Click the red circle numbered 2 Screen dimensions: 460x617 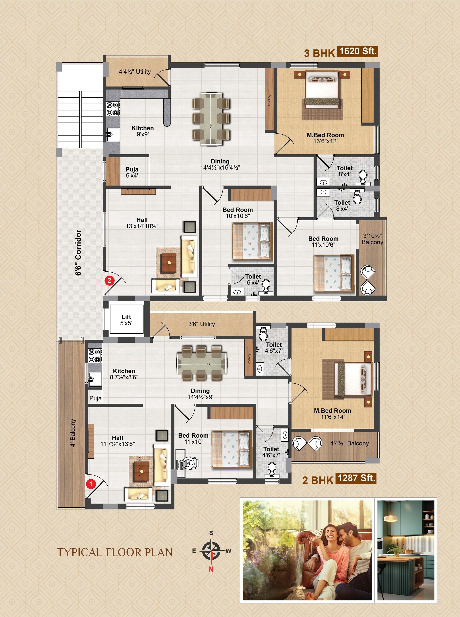coord(109,280)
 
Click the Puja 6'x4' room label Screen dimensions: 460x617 coord(132,172)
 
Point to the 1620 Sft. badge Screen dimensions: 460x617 coord(357,51)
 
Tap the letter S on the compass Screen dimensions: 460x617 coord(211,533)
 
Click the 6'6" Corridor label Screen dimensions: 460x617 coord(78,253)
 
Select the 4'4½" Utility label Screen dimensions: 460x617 coord(135,72)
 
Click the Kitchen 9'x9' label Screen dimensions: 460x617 coord(143,131)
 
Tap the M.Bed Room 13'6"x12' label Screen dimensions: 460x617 coord(325,138)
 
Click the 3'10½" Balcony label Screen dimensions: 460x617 coord(372,239)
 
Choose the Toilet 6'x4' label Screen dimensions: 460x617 coord(253,279)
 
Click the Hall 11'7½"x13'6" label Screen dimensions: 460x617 coord(118,441)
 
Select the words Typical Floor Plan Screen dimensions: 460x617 coord(115,552)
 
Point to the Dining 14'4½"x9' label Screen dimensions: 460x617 coord(200,394)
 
